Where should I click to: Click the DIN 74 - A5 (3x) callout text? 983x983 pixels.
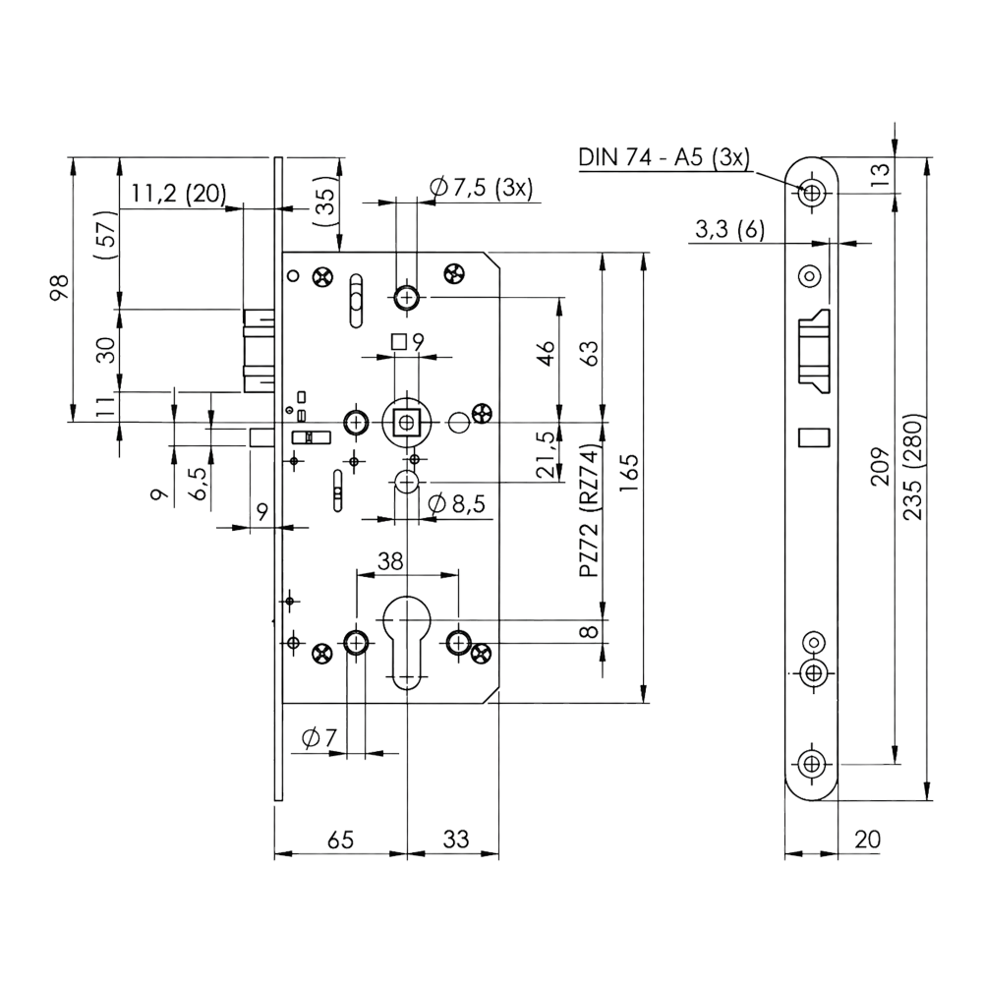point(664,156)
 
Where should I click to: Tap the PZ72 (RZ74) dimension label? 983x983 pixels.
point(590,508)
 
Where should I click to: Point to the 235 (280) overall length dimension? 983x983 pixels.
point(914,466)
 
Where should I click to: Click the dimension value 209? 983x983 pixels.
point(881,466)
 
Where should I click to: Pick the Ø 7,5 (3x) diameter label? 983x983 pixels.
point(482,188)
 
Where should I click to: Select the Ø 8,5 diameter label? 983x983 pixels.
point(456,503)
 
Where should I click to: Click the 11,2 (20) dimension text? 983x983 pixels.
point(179,194)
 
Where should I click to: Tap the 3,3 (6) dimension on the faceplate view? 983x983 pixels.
point(730,229)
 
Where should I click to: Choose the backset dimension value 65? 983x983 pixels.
point(340,839)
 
